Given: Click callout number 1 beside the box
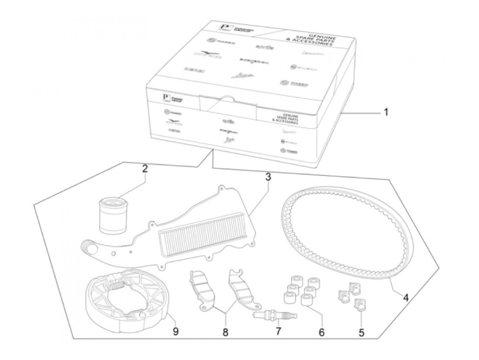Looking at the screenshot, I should [x=386, y=112].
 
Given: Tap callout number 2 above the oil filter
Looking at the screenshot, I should [x=145, y=168].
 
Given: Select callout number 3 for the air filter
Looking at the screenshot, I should [x=268, y=177].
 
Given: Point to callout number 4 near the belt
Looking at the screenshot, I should [x=405, y=297].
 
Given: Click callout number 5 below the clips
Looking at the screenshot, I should [x=361, y=332].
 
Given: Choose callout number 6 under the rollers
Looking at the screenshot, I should [x=321, y=332].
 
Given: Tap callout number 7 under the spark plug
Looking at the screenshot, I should [x=278, y=331].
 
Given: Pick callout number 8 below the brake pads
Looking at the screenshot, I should [x=225, y=332].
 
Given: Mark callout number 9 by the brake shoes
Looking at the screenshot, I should [x=176, y=332].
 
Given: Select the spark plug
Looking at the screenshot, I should [x=275, y=316].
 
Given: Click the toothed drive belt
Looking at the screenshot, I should [x=346, y=236].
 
